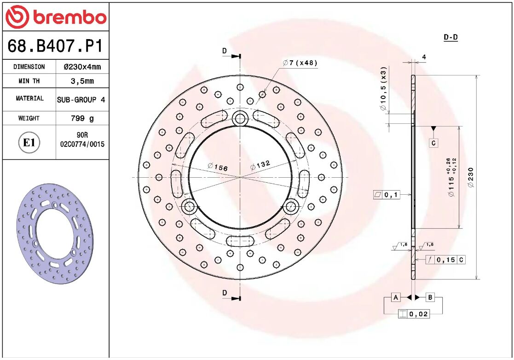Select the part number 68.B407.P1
pyautogui.click(x=55, y=46)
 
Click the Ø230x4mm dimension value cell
pyautogui.click(x=82, y=67)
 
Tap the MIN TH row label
pyautogui.click(x=29, y=81)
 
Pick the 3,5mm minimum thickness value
pyautogui.click(x=82, y=81)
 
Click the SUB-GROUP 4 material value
pyautogui.click(x=81, y=99)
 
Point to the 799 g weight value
pyautogui.click(x=82, y=118)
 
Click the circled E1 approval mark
pyautogui.click(x=29, y=143)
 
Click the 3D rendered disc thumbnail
pyautogui.click(x=55, y=235)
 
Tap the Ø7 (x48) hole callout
pyautogui.click(x=300, y=63)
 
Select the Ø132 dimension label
pyautogui.click(x=260, y=165)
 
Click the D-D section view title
pyautogui.click(x=450, y=38)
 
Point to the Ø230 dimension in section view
pyautogui.click(x=470, y=177)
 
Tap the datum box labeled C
pyautogui.click(x=433, y=143)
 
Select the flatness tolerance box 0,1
pyautogui.click(x=386, y=195)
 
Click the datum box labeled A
pyautogui.click(x=395, y=297)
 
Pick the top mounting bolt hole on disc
pyautogui.click(x=240, y=119)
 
